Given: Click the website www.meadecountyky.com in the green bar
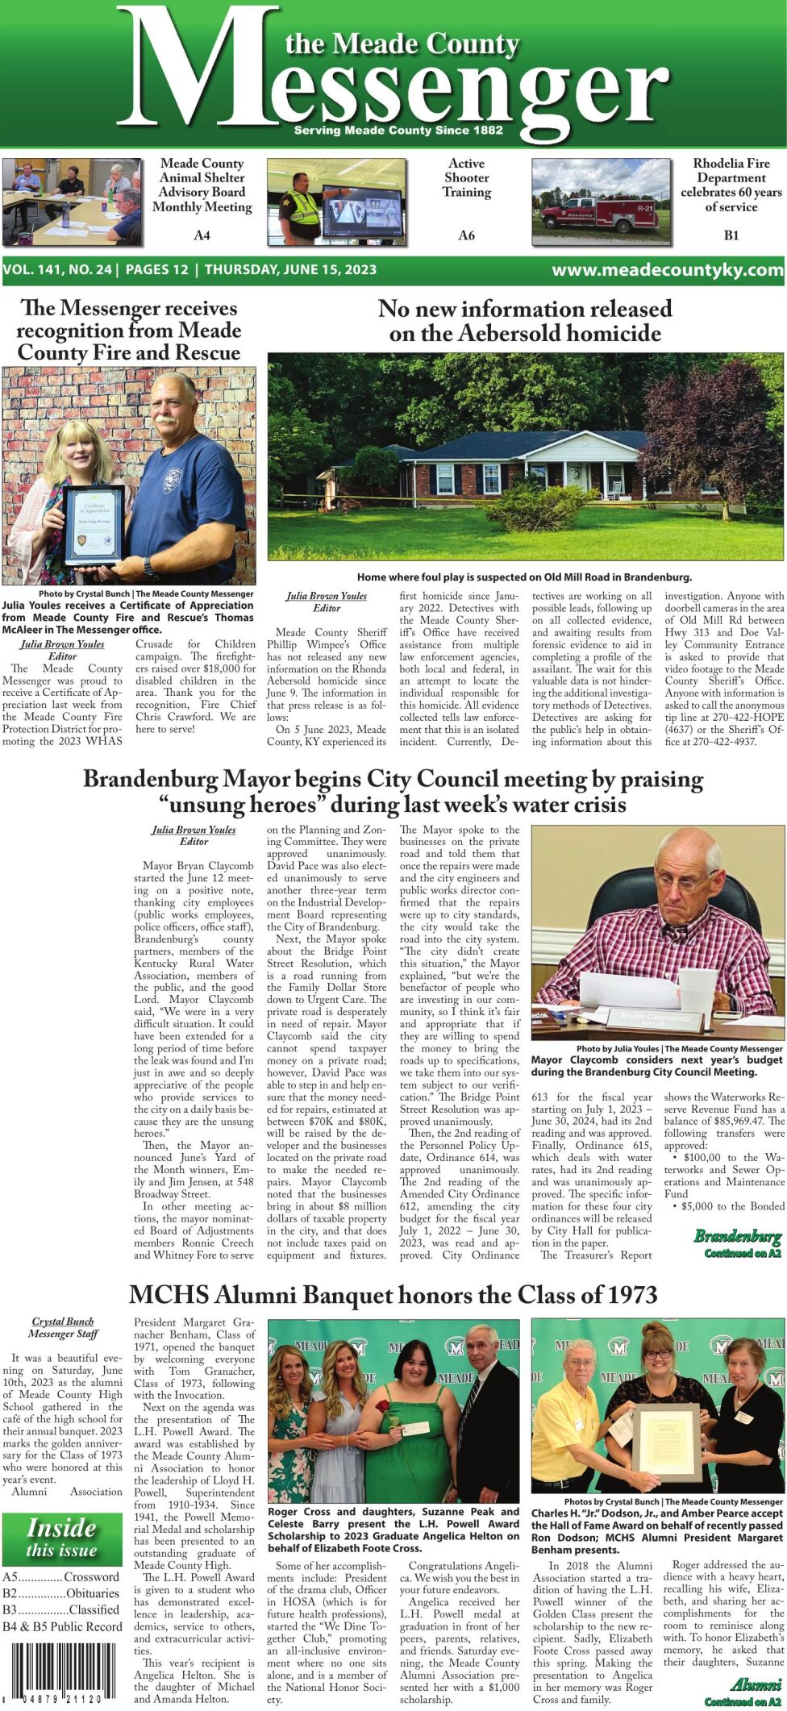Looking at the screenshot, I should pyautogui.click(x=667, y=270).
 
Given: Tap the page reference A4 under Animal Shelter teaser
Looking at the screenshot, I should pyautogui.click(x=202, y=235).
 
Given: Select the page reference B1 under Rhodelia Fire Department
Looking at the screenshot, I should pyautogui.click(x=731, y=235).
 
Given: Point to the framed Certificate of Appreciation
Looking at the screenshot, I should pyautogui.click(x=94, y=525).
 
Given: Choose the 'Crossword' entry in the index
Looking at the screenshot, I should pyautogui.click(x=91, y=1576).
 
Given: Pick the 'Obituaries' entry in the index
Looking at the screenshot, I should pyautogui.click(x=93, y=1593).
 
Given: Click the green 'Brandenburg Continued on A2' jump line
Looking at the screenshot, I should pyautogui.click(x=738, y=1243).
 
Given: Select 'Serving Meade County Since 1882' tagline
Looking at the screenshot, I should pyautogui.click(x=398, y=130).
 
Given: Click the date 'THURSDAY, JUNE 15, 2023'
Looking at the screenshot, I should pyautogui.click(x=290, y=270).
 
